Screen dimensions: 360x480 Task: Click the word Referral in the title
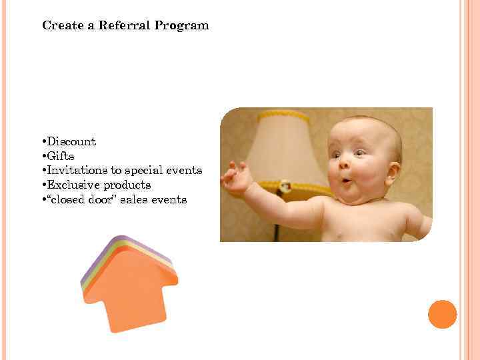pyautogui.click(x=126, y=26)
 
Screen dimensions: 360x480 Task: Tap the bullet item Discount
pyautogui.click(x=70, y=141)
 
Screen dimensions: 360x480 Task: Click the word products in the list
pyautogui.click(x=127, y=185)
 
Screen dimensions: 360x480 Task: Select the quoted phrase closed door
pyautogui.click(x=75, y=200)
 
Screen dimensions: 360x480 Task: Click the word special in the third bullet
pyautogui.click(x=143, y=171)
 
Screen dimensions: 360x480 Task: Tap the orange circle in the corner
pyautogui.click(x=442, y=314)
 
